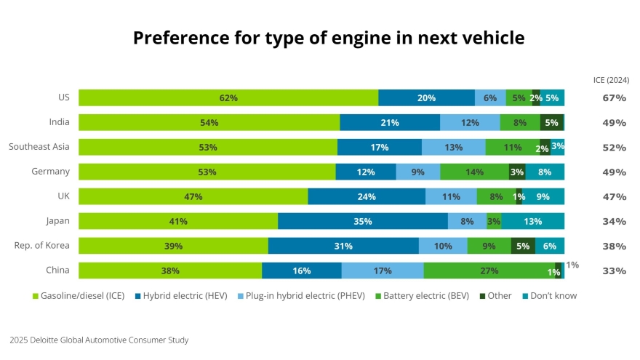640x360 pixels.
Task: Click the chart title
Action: click(x=329, y=38)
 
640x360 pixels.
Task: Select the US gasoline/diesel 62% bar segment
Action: click(x=228, y=98)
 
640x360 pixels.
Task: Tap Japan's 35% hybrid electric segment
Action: click(x=363, y=222)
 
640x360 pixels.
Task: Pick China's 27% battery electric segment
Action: click(x=489, y=271)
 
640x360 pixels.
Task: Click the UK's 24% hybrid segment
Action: click(x=367, y=197)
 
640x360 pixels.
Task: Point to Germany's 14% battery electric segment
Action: click(x=474, y=172)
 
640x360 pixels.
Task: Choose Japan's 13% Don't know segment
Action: click(x=532, y=222)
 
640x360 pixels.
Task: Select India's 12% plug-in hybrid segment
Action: click(x=470, y=123)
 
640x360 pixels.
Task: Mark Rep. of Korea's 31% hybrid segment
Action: click(x=343, y=247)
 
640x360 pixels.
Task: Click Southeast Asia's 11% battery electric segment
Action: click(x=513, y=148)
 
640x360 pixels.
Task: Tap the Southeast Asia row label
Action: click(x=39, y=147)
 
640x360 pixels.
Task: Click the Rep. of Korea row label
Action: click(x=42, y=246)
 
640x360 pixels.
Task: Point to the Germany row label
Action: click(x=51, y=172)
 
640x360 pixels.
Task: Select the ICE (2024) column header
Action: click(x=612, y=80)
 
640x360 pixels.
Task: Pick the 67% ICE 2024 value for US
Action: click(x=614, y=98)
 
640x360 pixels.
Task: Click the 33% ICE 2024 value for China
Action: click(x=614, y=271)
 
